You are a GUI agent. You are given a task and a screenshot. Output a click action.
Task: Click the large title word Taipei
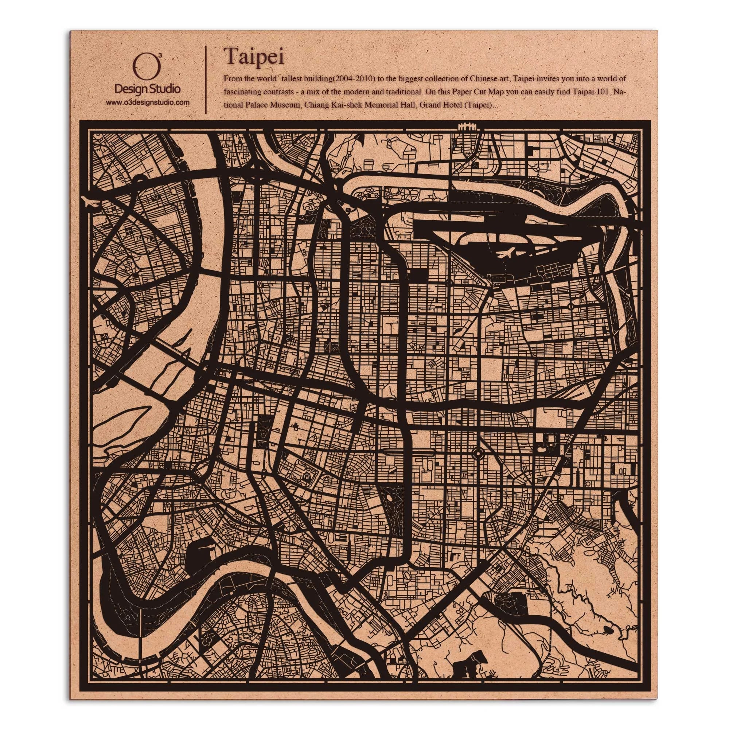tap(254, 56)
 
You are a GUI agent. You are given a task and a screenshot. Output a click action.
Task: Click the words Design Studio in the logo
tap(147, 89)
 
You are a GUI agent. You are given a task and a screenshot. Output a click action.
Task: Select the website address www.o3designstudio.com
tap(147, 102)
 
